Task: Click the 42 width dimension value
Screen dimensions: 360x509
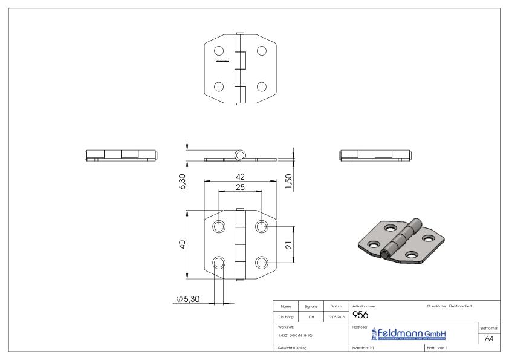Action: [241, 176]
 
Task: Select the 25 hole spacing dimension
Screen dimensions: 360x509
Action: [241, 188]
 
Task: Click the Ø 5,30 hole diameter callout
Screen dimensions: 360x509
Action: [189, 298]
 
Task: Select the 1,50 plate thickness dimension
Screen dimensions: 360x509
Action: [288, 180]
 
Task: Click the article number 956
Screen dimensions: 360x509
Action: [360, 315]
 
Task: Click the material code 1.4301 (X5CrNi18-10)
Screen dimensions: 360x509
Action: [294, 335]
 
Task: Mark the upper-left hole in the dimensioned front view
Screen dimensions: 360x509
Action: [219, 227]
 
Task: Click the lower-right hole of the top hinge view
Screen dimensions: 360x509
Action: [262, 86]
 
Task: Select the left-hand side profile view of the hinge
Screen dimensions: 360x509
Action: [121, 154]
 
